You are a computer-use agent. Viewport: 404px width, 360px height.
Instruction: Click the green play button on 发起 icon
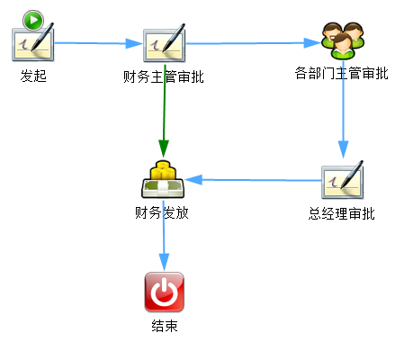pyautogui.click(x=33, y=21)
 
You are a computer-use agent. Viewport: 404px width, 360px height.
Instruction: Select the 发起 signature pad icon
pyautogui.click(x=33, y=42)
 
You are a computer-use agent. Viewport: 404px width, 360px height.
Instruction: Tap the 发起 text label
pyautogui.click(x=33, y=76)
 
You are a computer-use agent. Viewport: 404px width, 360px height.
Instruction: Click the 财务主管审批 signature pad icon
pyautogui.click(x=165, y=43)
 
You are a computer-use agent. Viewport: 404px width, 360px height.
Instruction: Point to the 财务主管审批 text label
pyautogui.click(x=164, y=76)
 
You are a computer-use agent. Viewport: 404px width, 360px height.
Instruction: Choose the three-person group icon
pyautogui.click(x=343, y=40)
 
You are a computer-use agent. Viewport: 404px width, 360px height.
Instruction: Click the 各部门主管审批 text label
pyautogui.click(x=342, y=73)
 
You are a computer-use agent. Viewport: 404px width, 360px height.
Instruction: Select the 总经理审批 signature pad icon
pyautogui.click(x=343, y=180)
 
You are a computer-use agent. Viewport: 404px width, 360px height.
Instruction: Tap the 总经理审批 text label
pyautogui.click(x=342, y=213)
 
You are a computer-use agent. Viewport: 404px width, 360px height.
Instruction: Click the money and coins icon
pyautogui.click(x=163, y=180)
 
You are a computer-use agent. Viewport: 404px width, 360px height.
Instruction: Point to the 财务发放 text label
pyautogui.click(x=162, y=212)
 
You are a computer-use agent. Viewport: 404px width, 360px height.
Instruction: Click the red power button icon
pyautogui.click(x=164, y=292)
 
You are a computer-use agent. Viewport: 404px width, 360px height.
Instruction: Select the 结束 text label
pyautogui.click(x=165, y=326)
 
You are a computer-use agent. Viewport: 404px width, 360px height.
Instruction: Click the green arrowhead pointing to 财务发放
pyautogui.click(x=164, y=148)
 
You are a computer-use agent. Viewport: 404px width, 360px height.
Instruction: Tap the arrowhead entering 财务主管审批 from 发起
pyautogui.click(x=134, y=43)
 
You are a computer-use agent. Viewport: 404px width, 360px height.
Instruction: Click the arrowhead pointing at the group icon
pyautogui.click(x=312, y=43)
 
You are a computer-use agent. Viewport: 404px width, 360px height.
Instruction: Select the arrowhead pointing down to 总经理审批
pyautogui.click(x=343, y=149)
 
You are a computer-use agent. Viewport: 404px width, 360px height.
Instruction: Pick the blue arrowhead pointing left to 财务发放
pyautogui.click(x=193, y=180)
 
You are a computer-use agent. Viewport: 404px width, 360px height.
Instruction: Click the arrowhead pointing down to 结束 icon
pyautogui.click(x=164, y=262)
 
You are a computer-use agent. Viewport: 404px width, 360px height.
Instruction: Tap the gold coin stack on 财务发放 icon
pyautogui.click(x=163, y=170)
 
